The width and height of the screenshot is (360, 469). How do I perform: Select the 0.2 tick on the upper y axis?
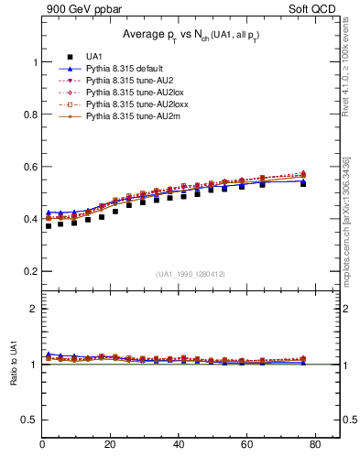click(x=29, y=272)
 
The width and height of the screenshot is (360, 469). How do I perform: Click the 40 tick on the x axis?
click(x=179, y=446)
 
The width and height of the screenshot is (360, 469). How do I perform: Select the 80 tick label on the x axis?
click(x=314, y=446)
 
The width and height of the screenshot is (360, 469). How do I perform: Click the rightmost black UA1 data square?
click(x=303, y=183)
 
